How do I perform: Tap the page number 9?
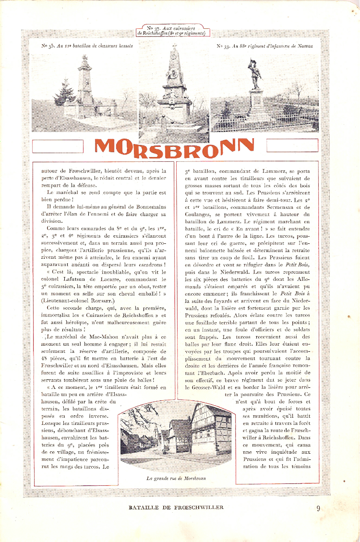pos(319,508)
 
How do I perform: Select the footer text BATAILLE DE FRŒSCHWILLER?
pos(176,507)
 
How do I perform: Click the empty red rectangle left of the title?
pos(58,145)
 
